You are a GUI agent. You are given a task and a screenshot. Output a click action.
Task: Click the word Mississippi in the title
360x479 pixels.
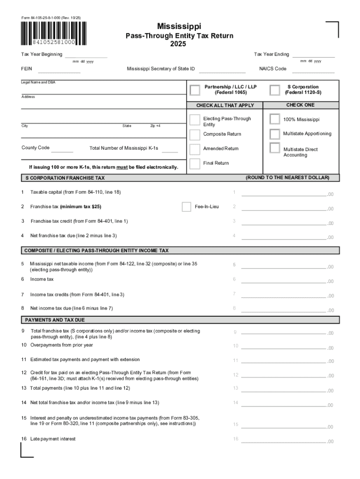point(179,27)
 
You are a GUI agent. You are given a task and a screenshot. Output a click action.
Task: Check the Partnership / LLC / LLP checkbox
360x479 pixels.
point(195,90)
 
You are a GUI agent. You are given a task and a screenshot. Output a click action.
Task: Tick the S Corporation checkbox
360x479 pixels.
point(275,90)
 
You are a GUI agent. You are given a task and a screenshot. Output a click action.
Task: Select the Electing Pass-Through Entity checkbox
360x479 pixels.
point(195,121)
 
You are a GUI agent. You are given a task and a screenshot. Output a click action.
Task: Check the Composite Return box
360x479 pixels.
point(195,135)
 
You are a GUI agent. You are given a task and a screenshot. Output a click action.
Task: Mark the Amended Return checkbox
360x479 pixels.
point(195,149)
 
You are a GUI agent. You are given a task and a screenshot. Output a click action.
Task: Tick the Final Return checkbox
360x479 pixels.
point(195,164)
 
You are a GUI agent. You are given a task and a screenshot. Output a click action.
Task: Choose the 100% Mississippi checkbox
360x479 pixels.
point(275,119)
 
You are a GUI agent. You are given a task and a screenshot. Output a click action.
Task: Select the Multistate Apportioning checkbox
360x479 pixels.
point(275,134)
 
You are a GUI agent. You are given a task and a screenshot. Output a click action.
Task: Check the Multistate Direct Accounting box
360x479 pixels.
point(275,149)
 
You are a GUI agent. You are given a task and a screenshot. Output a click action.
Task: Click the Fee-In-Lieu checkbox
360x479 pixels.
point(187,207)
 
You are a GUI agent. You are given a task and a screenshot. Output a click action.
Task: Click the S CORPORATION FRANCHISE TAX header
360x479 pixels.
point(65,178)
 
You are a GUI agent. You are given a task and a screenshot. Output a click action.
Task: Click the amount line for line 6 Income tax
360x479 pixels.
point(283,280)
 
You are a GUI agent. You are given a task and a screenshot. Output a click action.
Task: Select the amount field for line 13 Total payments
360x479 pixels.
point(283,389)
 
